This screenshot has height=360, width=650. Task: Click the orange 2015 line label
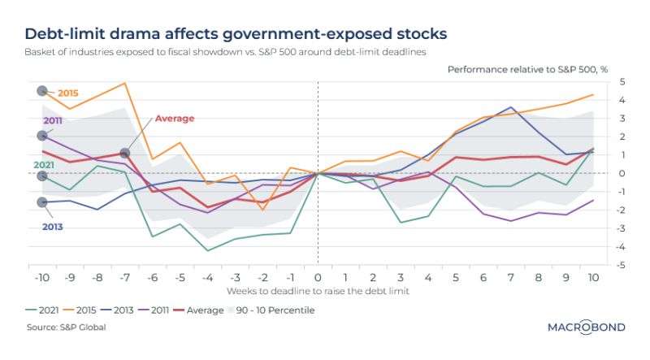(x=68, y=93)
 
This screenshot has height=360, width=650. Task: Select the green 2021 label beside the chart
(x=44, y=164)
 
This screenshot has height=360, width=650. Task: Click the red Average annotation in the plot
(x=175, y=119)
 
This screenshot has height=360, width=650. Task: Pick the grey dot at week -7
(x=124, y=153)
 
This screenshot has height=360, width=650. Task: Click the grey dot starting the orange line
(x=42, y=91)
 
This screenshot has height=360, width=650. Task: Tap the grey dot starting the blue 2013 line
(x=42, y=202)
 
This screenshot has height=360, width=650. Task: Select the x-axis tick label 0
(x=318, y=277)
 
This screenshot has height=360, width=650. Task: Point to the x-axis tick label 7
(x=511, y=277)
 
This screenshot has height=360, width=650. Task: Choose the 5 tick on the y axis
(x=622, y=81)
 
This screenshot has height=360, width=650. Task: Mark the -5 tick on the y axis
(x=620, y=265)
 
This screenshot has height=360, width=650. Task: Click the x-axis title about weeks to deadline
(x=318, y=290)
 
